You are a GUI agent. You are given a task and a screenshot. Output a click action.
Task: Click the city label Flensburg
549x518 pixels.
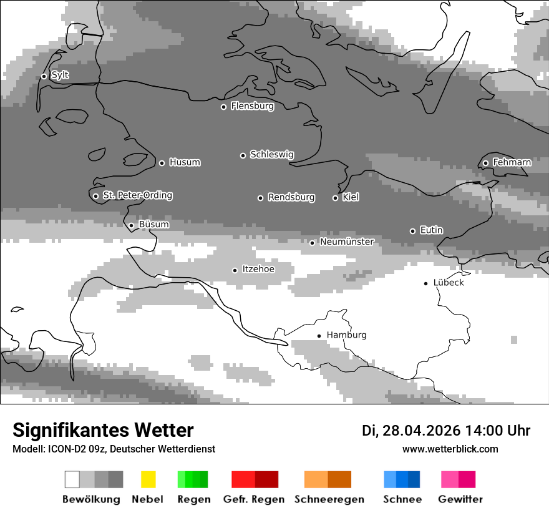252,106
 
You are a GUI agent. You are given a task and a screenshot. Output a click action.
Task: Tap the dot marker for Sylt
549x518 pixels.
44,76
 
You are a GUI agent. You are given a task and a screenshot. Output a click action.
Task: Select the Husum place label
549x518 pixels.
185,162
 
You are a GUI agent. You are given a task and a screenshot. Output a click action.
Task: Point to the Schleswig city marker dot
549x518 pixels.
243,155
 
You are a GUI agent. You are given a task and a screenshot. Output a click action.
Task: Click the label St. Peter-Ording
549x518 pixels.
137,195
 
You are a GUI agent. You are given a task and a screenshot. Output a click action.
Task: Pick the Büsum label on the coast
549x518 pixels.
153,225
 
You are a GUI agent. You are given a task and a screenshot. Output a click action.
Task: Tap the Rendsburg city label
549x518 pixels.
291,197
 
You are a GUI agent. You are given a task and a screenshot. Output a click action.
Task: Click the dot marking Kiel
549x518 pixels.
335,198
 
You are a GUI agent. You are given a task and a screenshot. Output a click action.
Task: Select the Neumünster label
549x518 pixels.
346,242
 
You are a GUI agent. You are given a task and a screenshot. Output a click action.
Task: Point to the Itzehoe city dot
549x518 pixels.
235,270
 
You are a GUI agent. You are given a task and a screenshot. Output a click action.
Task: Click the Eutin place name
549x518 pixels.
431,230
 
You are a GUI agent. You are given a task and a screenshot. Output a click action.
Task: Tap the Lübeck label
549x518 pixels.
449,283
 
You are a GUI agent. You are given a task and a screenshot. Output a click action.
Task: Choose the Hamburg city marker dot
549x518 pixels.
319,336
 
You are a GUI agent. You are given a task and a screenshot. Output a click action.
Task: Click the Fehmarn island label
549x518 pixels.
512,162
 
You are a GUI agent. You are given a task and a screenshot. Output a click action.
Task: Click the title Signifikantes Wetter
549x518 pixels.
103,430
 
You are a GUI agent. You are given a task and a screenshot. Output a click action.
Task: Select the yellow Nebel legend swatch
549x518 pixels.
148,479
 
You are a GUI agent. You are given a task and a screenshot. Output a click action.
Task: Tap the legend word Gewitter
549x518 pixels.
460,499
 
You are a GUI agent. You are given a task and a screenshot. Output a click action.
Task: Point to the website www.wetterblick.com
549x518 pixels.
450,449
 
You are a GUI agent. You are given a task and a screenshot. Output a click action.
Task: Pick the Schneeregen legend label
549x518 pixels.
329,499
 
